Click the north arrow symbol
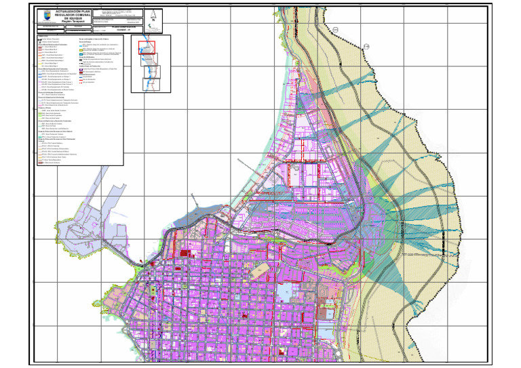point(155,16)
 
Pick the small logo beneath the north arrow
point(155,26)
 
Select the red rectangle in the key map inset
point(147,47)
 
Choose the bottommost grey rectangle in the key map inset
point(151,84)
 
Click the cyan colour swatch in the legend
point(82,46)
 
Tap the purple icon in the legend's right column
point(82,69)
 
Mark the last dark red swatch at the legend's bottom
point(40,163)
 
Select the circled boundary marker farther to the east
point(366,45)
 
